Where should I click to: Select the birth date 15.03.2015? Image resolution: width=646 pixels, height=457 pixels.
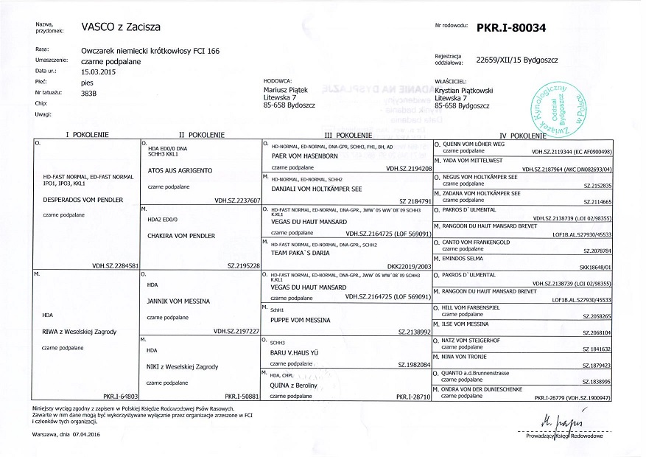coord(100,72)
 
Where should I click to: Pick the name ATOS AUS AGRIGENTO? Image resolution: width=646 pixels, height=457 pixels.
coord(180,170)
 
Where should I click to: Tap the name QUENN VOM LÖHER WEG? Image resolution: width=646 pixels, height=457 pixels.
coord(478,144)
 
